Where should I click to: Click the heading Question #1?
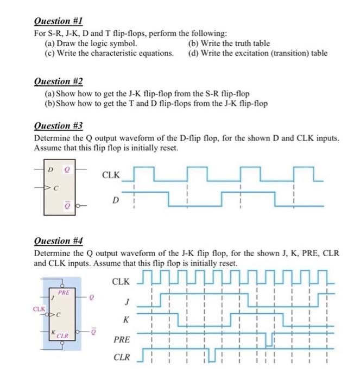point(57,22)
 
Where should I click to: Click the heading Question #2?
point(58,81)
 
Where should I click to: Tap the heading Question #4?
point(58,240)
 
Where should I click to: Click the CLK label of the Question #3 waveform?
point(111,175)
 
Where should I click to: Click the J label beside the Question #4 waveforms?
point(127,302)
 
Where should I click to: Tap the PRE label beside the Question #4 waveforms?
point(121,340)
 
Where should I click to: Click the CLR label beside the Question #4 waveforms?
point(121,358)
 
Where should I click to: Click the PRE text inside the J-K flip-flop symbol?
point(64,293)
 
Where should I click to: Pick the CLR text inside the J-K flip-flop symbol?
point(64,336)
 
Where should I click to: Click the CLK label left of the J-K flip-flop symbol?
point(39,309)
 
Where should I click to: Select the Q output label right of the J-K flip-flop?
point(93,297)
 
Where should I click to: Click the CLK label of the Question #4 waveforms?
point(121,282)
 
